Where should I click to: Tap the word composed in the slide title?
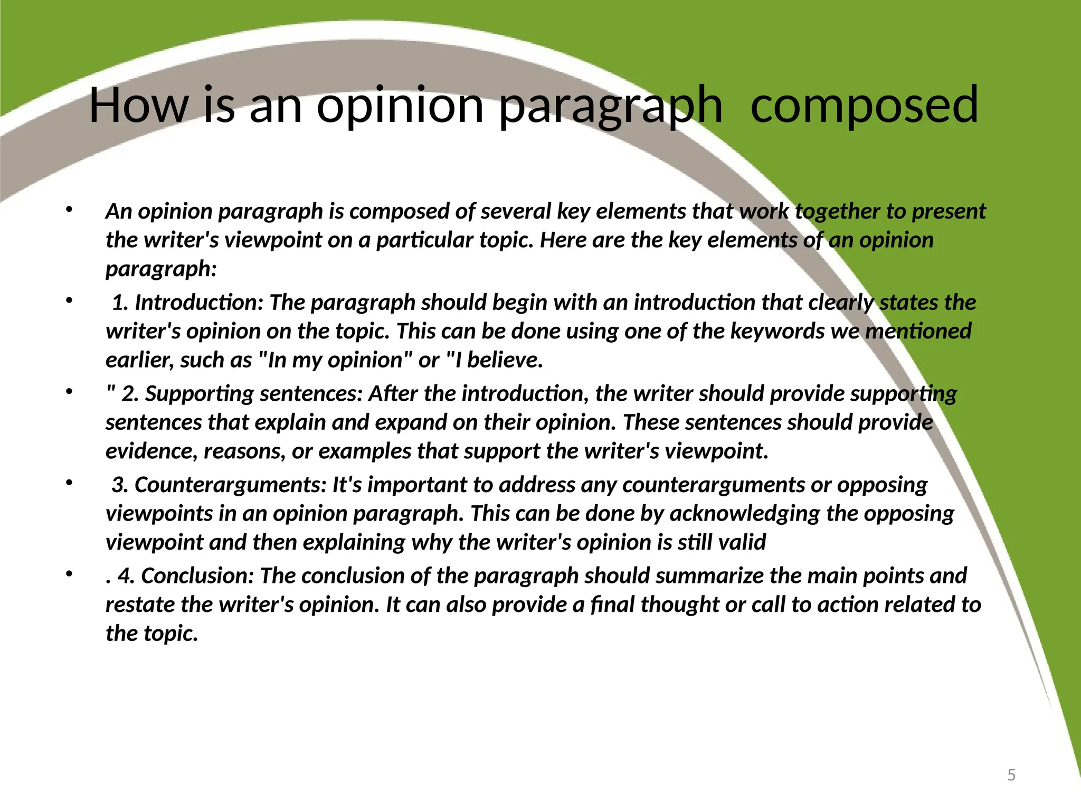[x=864, y=106]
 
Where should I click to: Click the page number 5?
[x=1011, y=775]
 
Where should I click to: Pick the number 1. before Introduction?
[x=120, y=303]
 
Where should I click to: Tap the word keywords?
[x=777, y=332]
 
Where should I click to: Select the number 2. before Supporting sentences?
[x=130, y=394]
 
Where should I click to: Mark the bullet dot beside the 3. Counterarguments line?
[x=68, y=482]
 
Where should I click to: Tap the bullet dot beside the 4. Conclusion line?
[x=68, y=573]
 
